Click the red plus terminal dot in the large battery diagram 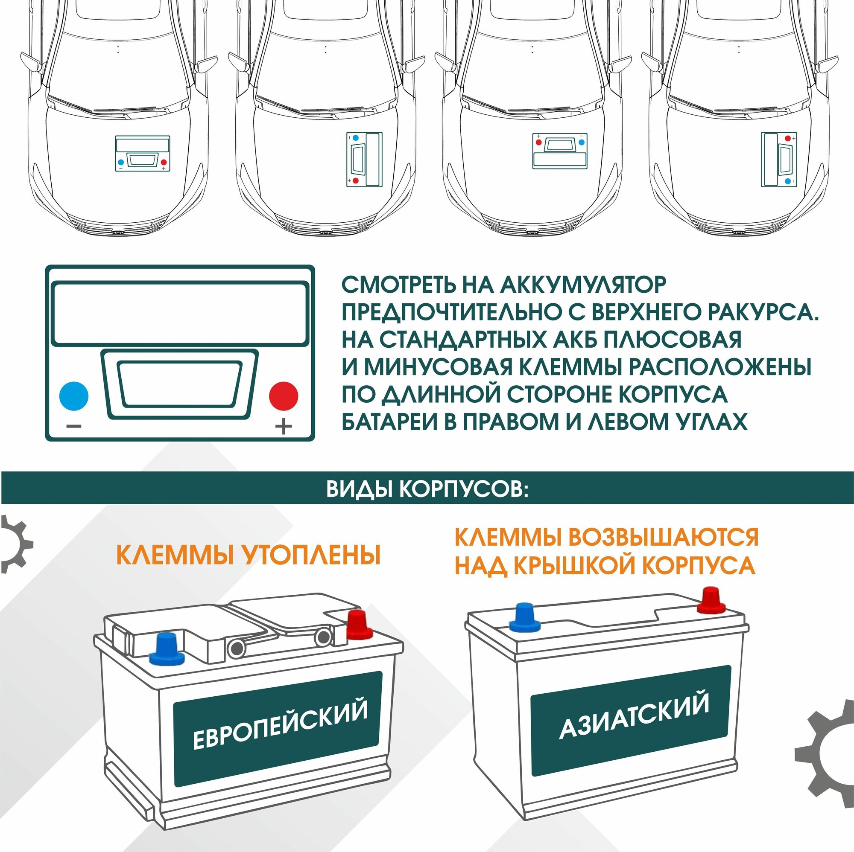tap(284, 396)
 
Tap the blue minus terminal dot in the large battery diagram tap(74, 396)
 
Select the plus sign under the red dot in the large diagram tap(284, 427)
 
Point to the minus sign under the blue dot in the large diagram tap(74, 427)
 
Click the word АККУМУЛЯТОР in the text tap(582, 285)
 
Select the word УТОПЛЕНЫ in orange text tap(311, 555)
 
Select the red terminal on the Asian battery tap(711, 600)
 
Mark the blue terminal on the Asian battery tap(525, 616)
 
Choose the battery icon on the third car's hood tap(560, 151)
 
